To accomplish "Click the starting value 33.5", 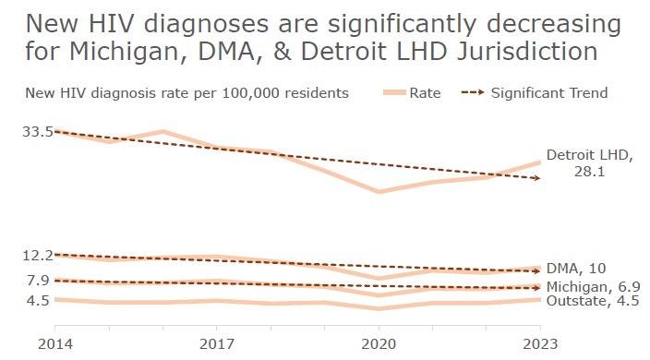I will pos(38,132).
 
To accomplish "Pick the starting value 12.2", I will pos(38,256).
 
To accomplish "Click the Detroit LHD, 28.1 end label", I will pos(589,163).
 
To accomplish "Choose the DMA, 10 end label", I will pos(576,269).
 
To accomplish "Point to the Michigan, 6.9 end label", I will pos(591,288).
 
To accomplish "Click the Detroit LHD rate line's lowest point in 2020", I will pos(379,192).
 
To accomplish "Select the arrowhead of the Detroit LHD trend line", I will pos(539,178).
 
